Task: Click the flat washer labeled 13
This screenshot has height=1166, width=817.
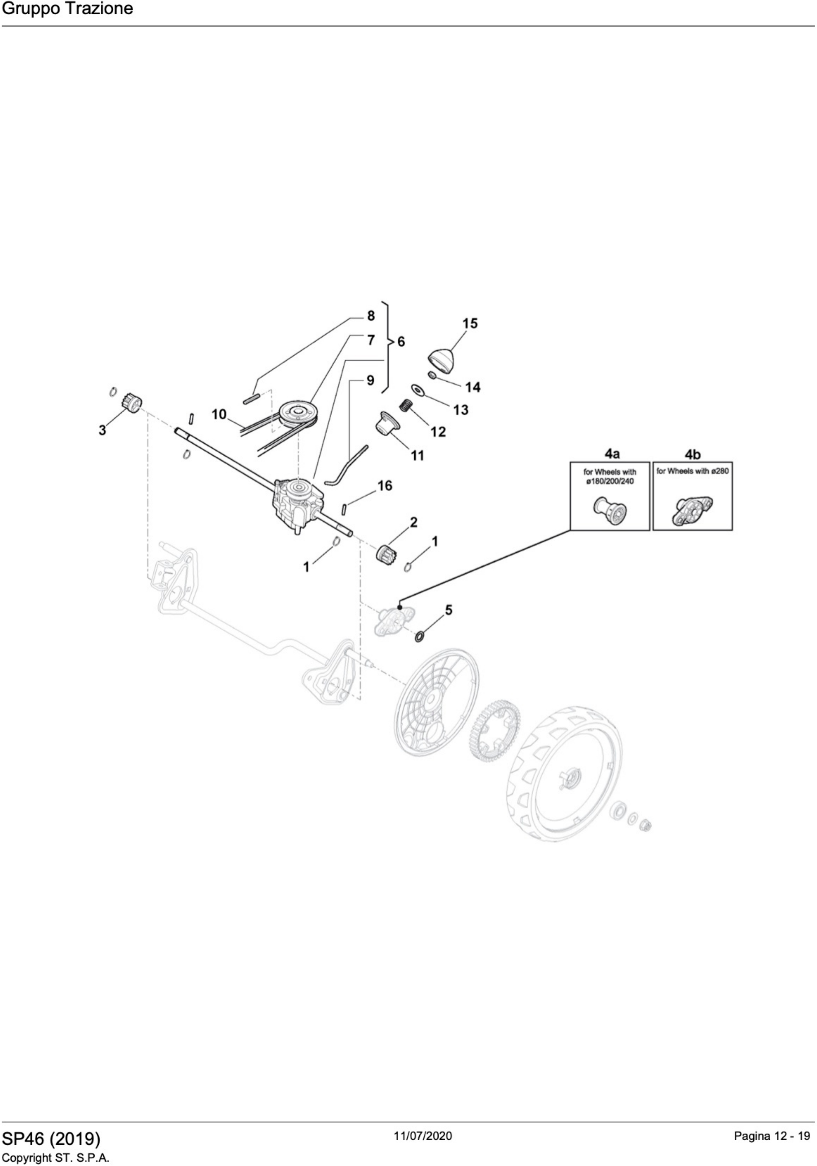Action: pyautogui.click(x=418, y=389)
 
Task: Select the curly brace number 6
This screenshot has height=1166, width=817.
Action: pyautogui.click(x=401, y=342)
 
